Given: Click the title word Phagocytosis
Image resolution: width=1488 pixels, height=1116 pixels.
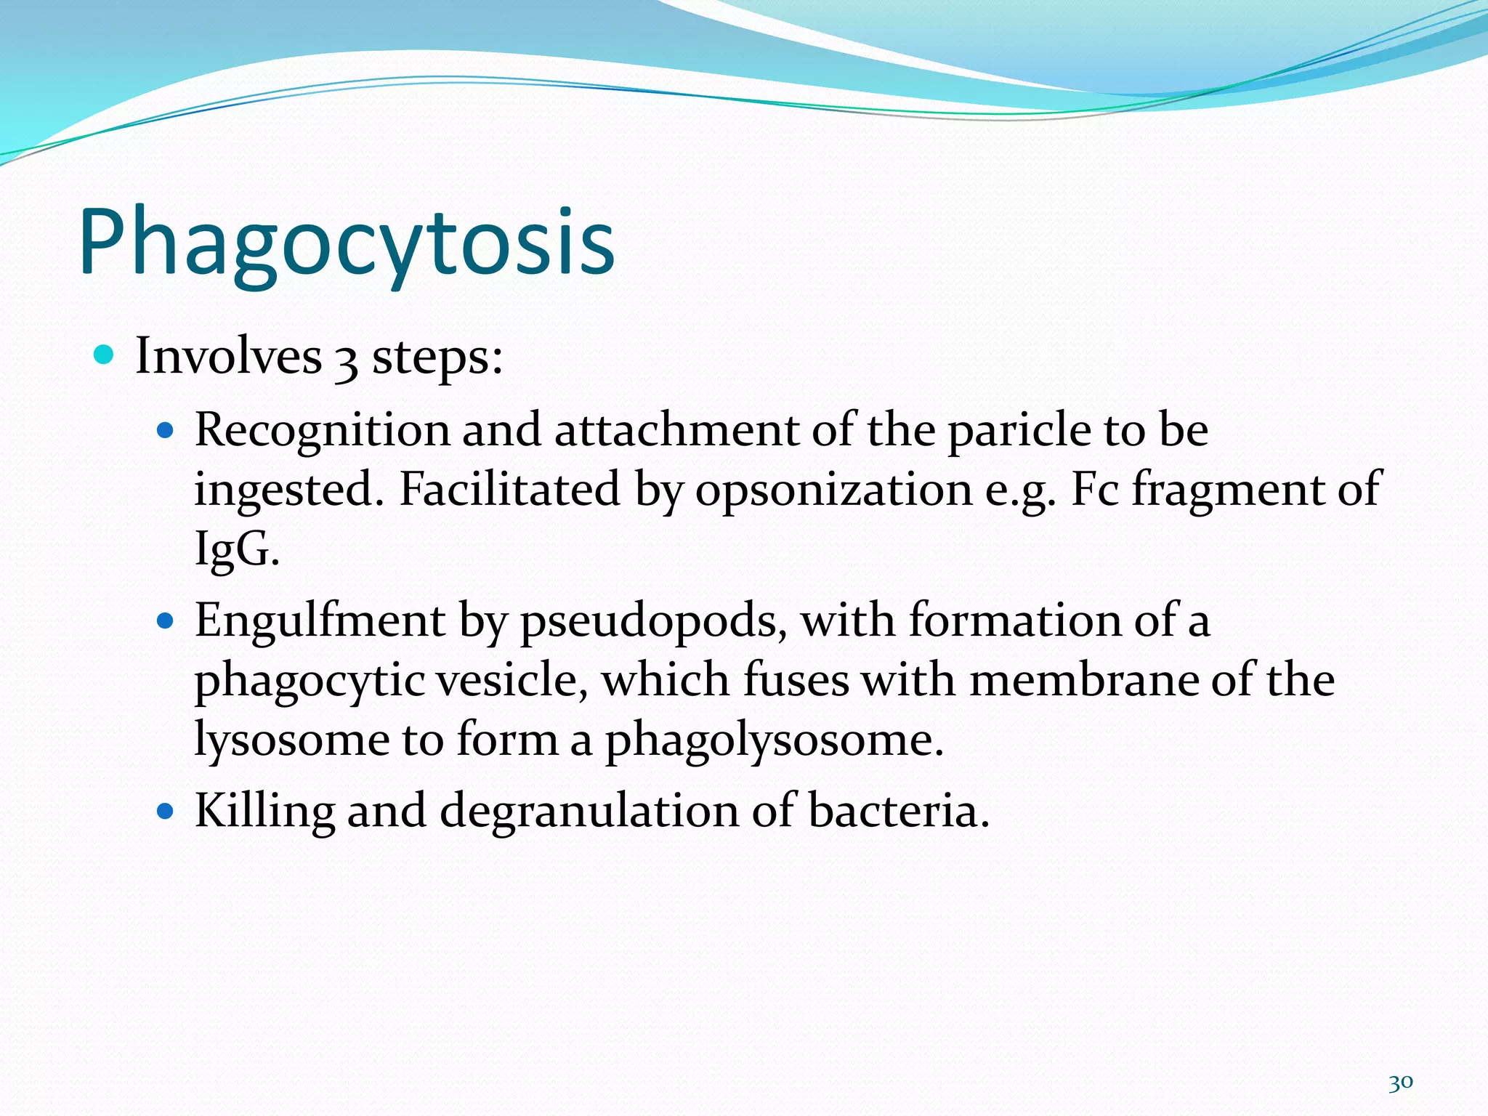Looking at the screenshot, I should (347, 243).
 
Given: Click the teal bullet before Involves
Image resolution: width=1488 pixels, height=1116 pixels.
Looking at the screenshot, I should (105, 355).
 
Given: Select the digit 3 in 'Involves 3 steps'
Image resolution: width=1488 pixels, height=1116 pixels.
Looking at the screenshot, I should (347, 360).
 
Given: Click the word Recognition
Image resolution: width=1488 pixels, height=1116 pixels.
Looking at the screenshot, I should (322, 430).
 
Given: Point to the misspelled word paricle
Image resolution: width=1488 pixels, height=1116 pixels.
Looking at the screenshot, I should (1019, 430).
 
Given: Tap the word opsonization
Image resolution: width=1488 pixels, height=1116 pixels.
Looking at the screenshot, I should (833, 490).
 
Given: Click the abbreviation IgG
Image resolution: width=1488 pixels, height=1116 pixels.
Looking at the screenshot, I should (234, 549).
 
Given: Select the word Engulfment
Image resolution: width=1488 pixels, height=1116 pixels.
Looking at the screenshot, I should (320, 622).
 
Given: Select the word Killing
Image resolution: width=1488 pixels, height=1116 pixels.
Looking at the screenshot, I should (264, 811).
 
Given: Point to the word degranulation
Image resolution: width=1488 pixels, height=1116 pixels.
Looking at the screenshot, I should (589, 811).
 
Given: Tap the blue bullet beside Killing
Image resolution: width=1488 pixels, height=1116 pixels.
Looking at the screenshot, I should (166, 811).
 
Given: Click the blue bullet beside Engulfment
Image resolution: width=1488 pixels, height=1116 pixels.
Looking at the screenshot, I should (166, 621).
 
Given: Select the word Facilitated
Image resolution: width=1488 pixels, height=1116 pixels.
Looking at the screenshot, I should (509, 490).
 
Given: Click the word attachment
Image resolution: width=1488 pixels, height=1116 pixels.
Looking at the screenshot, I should (676, 430).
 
